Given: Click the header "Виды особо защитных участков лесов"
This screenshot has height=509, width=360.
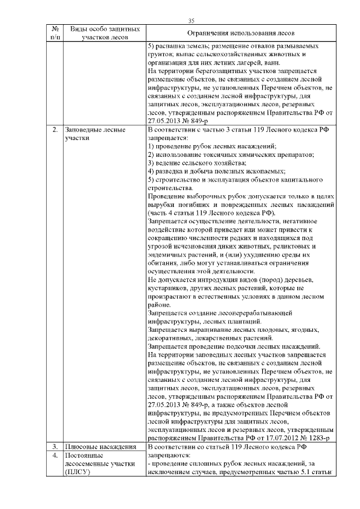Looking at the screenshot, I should point(101,33).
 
